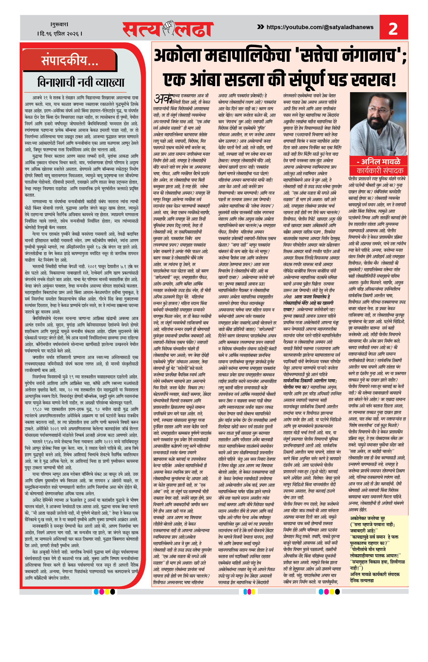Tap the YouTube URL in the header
pos(320,27)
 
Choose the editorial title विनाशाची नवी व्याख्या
pos(81,82)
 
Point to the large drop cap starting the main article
pos(162,99)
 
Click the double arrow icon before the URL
pos(260,27)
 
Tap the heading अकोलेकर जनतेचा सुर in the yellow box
pos(367,518)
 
